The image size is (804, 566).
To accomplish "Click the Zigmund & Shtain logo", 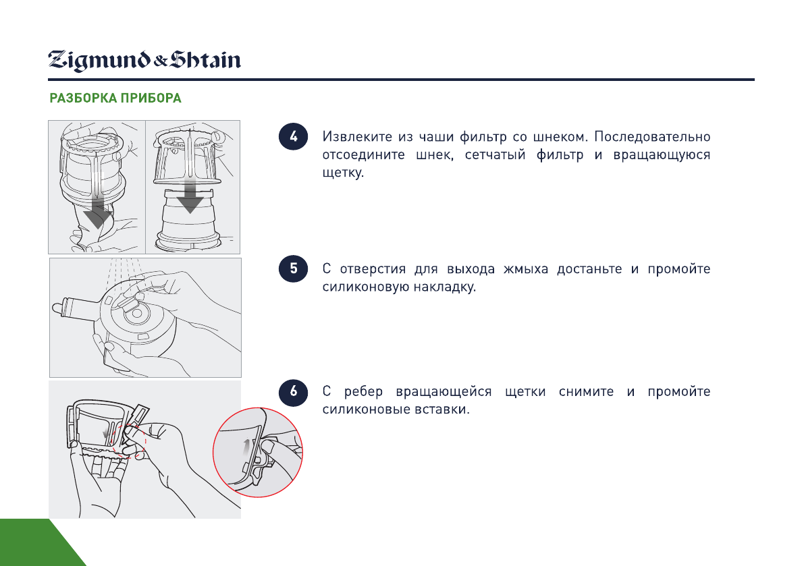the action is (x=144, y=61).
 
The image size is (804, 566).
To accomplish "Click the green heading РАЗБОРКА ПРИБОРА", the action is (x=115, y=98).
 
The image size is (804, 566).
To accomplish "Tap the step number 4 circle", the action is (x=293, y=137).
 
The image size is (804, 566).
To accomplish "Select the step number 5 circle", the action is (x=293, y=268).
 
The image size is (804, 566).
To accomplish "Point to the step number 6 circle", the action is (x=293, y=392).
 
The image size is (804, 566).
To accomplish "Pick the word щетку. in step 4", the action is (x=343, y=173).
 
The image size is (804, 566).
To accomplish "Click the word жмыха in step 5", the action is (x=526, y=269).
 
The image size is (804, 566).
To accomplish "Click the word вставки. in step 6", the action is (x=441, y=409).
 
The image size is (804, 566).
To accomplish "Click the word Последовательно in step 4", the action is (x=652, y=137).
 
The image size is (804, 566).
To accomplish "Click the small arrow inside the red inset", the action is (x=247, y=447).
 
